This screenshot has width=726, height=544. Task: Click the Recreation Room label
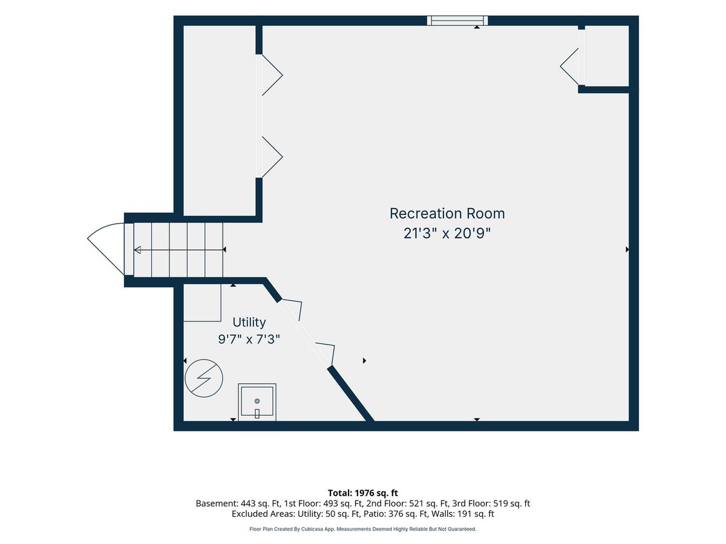pos(447,214)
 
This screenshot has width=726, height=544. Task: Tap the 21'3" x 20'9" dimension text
pos(447,233)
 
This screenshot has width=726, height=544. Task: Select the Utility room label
pos(249,322)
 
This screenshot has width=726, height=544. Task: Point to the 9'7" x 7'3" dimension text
pos(249,339)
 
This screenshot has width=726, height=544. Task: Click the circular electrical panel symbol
pos(204,378)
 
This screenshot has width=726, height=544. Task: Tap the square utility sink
pos(257,402)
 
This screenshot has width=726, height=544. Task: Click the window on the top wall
pos(457,21)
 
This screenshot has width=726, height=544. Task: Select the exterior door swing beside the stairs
pos(106,248)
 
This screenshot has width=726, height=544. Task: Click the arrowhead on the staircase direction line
pos(137,250)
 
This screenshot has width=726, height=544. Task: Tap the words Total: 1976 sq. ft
pos(363,493)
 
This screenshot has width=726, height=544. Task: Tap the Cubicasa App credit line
pos(363,529)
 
